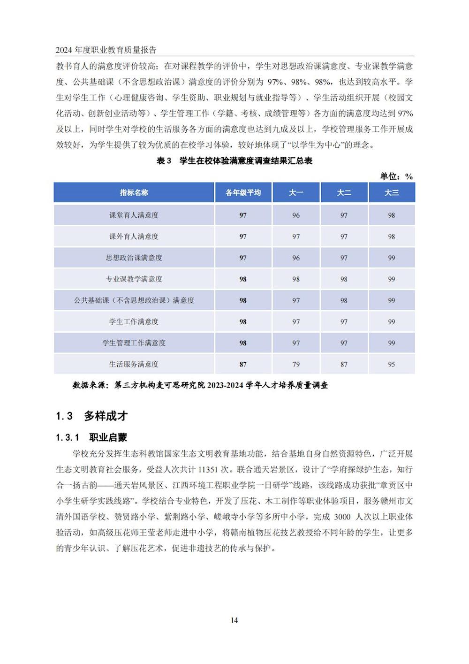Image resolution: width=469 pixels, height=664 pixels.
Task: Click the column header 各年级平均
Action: click(x=243, y=193)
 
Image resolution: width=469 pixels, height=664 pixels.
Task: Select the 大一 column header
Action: click(x=296, y=193)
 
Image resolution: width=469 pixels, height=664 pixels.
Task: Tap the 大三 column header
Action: click(x=392, y=193)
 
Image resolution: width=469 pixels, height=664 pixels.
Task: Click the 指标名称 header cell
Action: click(x=134, y=193)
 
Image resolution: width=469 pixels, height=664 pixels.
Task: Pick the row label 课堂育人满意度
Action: click(x=134, y=215)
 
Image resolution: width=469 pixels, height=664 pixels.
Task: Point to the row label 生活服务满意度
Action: click(x=134, y=364)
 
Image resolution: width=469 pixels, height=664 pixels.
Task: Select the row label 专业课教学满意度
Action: click(x=134, y=279)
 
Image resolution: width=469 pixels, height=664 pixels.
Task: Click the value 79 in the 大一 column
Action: click(x=296, y=364)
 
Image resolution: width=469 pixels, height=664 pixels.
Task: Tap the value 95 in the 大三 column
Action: click(x=392, y=364)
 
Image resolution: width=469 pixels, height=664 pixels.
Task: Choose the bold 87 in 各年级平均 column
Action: click(x=243, y=364)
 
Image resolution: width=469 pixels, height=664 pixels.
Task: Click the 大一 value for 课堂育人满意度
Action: click(x=296, y=215)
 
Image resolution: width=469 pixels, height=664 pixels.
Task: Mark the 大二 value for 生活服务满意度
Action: click(x=344, y=364)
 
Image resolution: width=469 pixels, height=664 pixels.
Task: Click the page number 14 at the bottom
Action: click(x=234, y=620)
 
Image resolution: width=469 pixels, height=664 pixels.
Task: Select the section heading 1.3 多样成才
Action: click(x=92, y=416)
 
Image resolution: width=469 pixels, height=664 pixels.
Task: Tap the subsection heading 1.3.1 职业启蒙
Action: click(x=91, y=438)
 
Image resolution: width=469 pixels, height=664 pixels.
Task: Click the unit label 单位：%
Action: click(x=396, y=176)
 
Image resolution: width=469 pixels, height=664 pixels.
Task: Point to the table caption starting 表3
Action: click(x=234, y=161)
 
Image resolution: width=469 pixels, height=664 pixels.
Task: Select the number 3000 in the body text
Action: click(x=342, y=517)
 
